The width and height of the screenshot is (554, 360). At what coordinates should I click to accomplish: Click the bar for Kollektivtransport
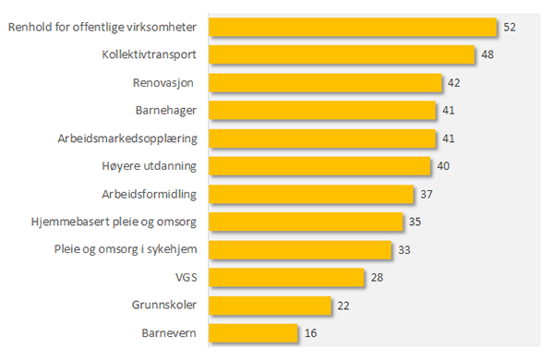pos(342,54)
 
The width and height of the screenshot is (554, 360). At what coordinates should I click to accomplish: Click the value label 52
pos(510,28)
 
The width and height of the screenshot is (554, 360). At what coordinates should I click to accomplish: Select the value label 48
pos(487,55)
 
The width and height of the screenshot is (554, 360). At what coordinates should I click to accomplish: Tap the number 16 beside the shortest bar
pos(309,332)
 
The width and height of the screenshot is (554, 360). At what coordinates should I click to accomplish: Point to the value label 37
pos(426,194)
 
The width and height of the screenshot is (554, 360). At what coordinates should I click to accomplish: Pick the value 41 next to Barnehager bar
pos(448,111)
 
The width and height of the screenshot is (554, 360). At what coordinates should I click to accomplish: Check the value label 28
pos(377,277)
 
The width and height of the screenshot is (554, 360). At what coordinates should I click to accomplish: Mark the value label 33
pos(404,249)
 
